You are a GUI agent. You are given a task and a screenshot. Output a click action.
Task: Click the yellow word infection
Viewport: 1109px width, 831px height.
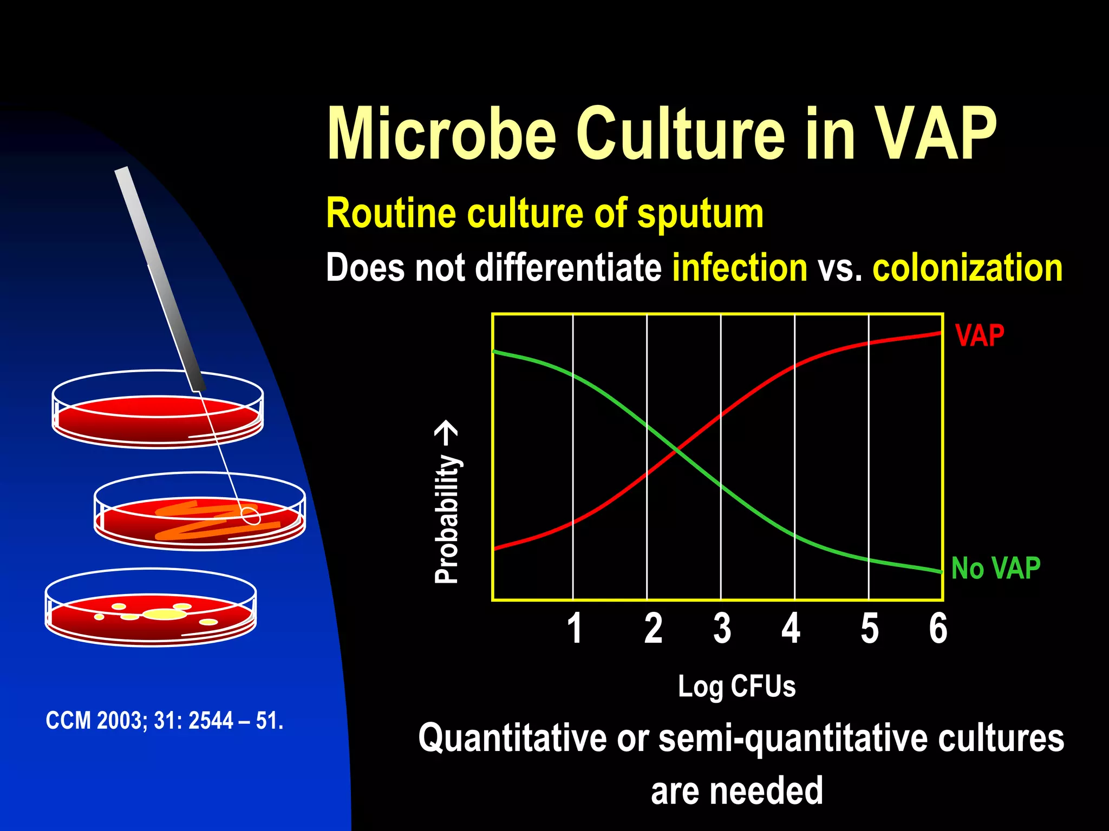(740, 268)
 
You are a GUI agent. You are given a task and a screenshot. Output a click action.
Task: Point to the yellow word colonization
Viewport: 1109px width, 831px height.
(967, 268)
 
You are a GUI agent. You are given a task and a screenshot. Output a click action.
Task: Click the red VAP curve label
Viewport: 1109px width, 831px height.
(980, 335)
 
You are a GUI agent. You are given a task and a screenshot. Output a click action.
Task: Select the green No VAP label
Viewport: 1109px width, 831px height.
(995, 569)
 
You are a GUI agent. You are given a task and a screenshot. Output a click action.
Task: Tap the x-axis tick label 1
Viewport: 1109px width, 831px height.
(575, 628)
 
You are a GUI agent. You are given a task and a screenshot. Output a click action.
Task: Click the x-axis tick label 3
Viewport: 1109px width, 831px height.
(722, 628)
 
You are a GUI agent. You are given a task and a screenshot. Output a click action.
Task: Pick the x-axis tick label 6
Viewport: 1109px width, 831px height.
(938, 628)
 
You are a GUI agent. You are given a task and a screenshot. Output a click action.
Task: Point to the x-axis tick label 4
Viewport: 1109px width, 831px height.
(791, 628)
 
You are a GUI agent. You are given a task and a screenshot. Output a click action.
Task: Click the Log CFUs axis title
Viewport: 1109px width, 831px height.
(736, 687)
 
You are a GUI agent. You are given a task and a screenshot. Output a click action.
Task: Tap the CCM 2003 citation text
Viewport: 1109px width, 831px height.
(165, 721)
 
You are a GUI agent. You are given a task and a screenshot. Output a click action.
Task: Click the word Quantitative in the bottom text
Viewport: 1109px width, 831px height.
(512, 738)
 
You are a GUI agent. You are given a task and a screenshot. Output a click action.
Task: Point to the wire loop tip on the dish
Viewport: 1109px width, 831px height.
(251, 516)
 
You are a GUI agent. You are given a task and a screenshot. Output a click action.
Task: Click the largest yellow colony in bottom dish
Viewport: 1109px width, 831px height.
(165, 614)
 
